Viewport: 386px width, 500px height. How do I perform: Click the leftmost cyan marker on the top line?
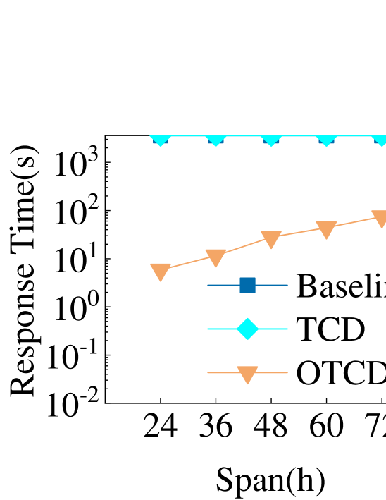tap(161, 139)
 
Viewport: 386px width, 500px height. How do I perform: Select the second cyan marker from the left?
tap(216, 139)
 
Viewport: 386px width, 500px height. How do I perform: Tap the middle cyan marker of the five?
tap(271, 139)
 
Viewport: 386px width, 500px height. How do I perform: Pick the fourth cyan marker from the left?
tap(326, 139)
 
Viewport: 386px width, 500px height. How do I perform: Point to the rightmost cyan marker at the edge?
tap(380, 139)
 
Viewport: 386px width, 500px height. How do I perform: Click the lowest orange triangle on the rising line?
tap(161, 272)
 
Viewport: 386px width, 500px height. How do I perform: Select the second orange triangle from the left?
tap(216, 257)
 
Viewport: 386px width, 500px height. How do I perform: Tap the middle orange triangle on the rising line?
tap(271, 239)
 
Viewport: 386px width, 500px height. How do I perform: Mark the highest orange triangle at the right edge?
tap(380, 219)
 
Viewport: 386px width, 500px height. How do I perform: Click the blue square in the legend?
tap(247, 285)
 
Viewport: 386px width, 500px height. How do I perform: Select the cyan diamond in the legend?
tap(247, 329)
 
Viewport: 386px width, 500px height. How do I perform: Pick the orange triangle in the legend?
tap(247, 374)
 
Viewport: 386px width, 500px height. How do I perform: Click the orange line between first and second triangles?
tap(188, 262)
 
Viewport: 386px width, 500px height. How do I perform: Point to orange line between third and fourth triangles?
tap(299, 232)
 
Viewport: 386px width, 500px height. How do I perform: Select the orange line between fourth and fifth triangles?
tap(354, 221)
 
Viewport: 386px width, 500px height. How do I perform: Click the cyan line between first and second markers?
tap(188, 136)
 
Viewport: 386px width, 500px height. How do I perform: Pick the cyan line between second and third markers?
tap(244, 136)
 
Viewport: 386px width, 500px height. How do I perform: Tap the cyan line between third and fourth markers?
tap(299, 136)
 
